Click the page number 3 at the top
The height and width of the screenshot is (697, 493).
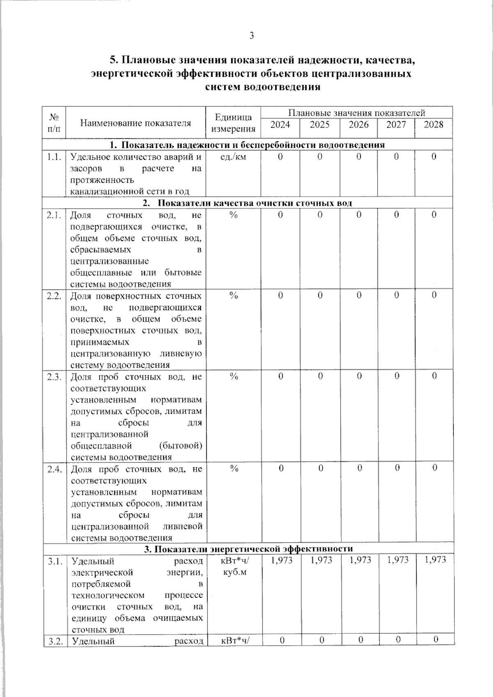pyautogui.click(x=251, y=36)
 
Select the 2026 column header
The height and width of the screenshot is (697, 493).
pyautogui.click(x=359, y=125)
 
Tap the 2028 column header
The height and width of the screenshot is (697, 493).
pyautogui.click(x=433, y=125)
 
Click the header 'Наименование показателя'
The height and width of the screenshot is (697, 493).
pyautogui.click(x=136, y=123)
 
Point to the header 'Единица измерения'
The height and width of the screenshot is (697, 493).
pyautogui.click(x=233, y=123)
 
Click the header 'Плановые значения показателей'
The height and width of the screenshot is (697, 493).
pyautogui.click(x=356, y=113)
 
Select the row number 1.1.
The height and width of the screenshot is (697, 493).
pyautogui.click(x=54, y=157)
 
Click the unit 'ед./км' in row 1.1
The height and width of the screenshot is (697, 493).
pyautogui.click(x=233, y=157)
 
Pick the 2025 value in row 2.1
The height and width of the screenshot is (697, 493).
pyautogui.click(x=320, y=215)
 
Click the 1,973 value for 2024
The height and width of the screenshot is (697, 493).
pyautogui.click(x=281, y=560)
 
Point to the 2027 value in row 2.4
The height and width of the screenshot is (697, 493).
pyautogui.click(x=396, y=468)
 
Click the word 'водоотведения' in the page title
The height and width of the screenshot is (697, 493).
pyautogui.click(x=283, y=87)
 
